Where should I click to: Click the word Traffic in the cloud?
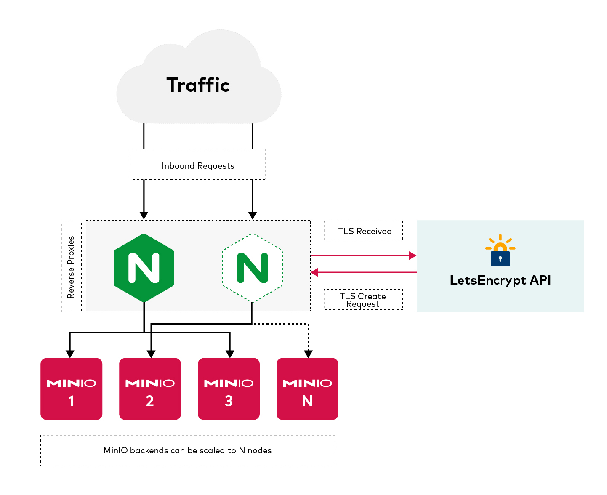(198, 85)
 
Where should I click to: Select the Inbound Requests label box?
(198, 165)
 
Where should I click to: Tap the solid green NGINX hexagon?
(144, 268)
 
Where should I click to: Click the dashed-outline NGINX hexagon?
(252, 268)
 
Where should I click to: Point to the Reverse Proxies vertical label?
(71, 267)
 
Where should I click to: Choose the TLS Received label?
(364, 231)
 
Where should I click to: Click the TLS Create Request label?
(363, 300)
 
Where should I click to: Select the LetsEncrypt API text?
(500, 280)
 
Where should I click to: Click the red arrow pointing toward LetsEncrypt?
(412, 255)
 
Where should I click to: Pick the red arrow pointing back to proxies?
(315, 272)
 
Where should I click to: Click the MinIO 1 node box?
(71, 389)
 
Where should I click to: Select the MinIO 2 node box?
(150, 389)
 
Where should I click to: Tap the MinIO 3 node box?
(229, 389)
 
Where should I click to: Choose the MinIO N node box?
(307, 389)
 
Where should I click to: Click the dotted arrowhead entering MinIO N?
(308, 354)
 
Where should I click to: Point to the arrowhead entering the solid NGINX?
(144, 215)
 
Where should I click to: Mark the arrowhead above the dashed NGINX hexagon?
(252, 215)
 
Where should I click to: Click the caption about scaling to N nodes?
(188, 450)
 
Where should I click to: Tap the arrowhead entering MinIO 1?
(70, 354)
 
